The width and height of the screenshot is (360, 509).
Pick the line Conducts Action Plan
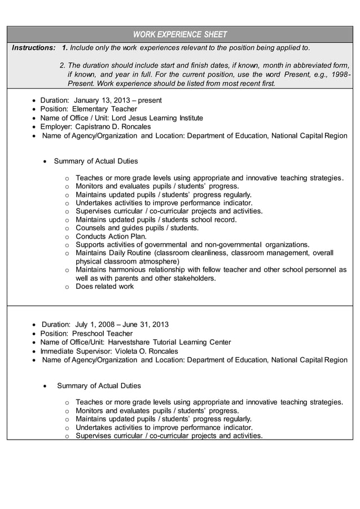pos(111,236)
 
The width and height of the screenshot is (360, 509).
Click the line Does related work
pos(104,286)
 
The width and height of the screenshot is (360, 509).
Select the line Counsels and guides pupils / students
pos(137,228)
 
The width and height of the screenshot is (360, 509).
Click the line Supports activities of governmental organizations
pos(192,244)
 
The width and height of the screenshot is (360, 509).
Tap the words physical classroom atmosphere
pos(128,261)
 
